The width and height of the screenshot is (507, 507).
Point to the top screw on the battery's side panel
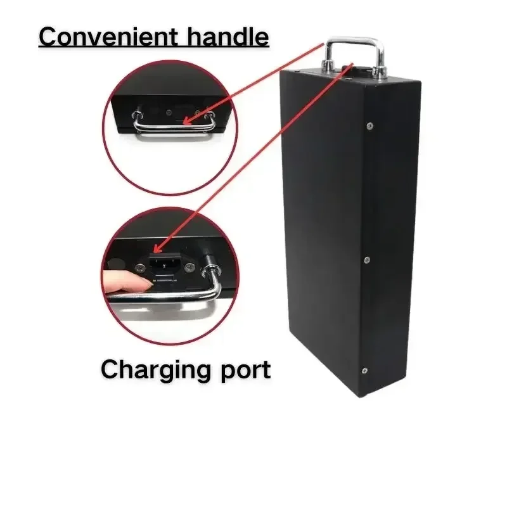[370, 125]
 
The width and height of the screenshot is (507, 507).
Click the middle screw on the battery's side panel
[367, 260]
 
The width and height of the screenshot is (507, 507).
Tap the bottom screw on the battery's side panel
[364, 371]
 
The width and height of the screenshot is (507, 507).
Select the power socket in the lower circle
[165, 262]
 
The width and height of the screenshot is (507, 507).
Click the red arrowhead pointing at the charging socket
[158, 248]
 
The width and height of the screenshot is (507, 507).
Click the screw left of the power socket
[140, 267]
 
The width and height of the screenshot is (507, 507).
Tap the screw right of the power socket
[189, 267]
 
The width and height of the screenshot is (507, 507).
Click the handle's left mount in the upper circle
[136, 115]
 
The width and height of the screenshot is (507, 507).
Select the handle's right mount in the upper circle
[210, 115]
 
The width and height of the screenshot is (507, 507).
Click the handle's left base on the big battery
[328, 67]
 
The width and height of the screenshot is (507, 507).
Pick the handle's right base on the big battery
[379, 72]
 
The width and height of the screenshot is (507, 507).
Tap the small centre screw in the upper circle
[169, 113]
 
